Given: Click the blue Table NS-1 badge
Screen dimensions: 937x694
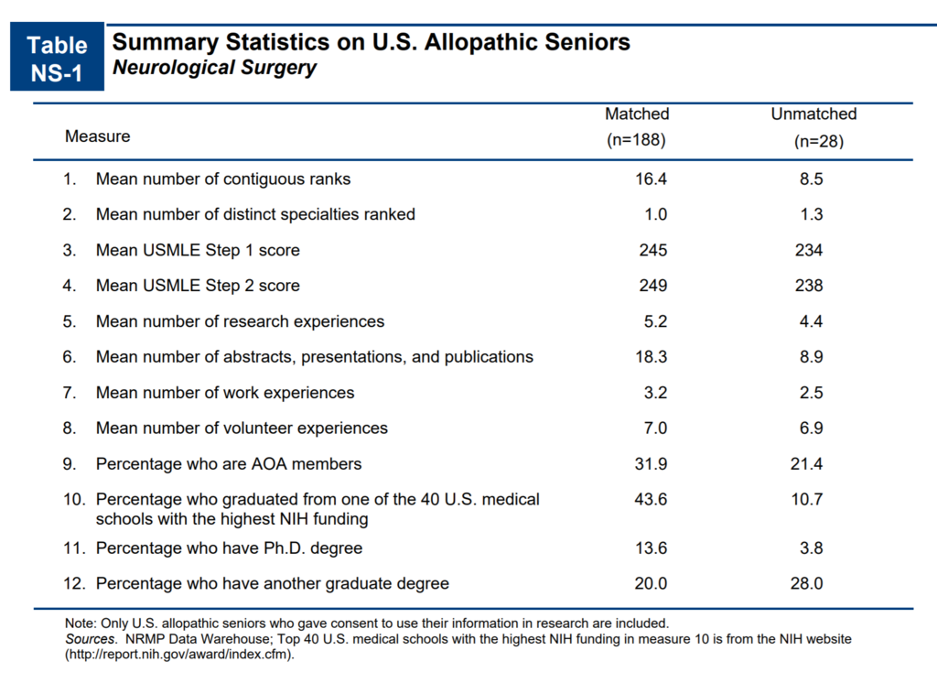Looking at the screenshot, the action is (57, 57).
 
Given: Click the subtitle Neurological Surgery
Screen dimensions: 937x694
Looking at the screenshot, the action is (214, 68).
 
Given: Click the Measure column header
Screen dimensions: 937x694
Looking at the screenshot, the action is (97, 136).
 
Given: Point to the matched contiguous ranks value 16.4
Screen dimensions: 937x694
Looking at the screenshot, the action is (651, 179).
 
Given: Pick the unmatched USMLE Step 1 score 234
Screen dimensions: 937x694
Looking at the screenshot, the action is (809, 250).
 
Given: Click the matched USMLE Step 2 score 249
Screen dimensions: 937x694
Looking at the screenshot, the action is (653, 285).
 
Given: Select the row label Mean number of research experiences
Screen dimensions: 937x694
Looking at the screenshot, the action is (240, 321).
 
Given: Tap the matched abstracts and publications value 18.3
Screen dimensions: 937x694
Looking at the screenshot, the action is (651, 356).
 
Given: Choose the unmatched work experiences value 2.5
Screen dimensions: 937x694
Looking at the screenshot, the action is (811, 392).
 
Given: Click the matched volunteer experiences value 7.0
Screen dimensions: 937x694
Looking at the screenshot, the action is (655, 428).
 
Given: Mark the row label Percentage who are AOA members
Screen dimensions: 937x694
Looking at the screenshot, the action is (228, 464).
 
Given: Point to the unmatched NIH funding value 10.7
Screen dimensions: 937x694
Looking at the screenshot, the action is (807, 499).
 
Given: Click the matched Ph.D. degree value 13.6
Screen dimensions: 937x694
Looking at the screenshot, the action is (651, 548).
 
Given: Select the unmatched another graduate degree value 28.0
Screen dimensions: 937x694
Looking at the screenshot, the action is (807, 583).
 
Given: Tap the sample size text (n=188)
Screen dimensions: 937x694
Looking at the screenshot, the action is (636, 140).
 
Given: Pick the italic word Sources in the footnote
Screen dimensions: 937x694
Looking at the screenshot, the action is (91, 639).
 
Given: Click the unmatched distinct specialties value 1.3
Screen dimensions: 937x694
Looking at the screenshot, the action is (812, 214).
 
